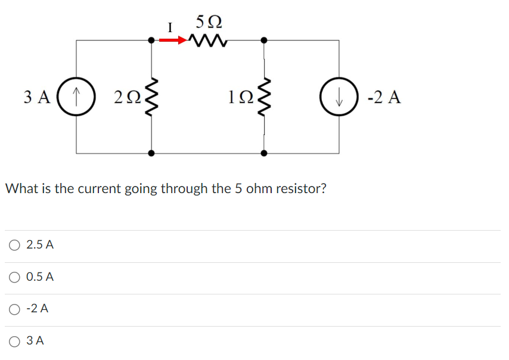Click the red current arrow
[x=173, y=41]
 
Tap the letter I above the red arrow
[x=170, y=27]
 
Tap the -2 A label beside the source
[x=384, y=97]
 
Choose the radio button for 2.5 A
[x=14, y=245]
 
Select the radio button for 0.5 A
[x=14, y=277]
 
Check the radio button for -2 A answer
[x=14, y=309]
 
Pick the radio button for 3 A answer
[x=14, y=341]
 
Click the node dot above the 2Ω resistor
[x=152, y=41]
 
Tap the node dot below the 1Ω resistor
[x=264, y=153]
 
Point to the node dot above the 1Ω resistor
[x=264, y=41]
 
